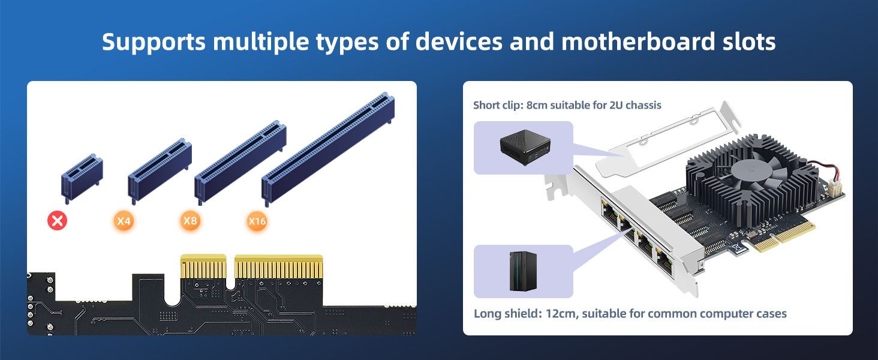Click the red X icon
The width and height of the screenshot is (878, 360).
click(57, 220)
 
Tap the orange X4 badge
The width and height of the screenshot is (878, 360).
click(124, 221)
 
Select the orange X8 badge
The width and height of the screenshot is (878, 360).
click(190, 220)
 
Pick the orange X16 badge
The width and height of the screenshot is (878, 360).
click(257, 221)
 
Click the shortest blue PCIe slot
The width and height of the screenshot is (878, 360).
click(82, 178)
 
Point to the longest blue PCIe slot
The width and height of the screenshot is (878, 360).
click(328, 149)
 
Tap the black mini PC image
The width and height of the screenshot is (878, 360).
click(525, 147)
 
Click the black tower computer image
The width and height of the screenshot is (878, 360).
click(524, 271)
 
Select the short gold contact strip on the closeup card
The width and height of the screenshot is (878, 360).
click(203, 266)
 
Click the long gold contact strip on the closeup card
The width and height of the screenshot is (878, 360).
click(279, 266)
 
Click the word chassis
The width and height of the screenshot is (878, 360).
click(644, 105)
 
